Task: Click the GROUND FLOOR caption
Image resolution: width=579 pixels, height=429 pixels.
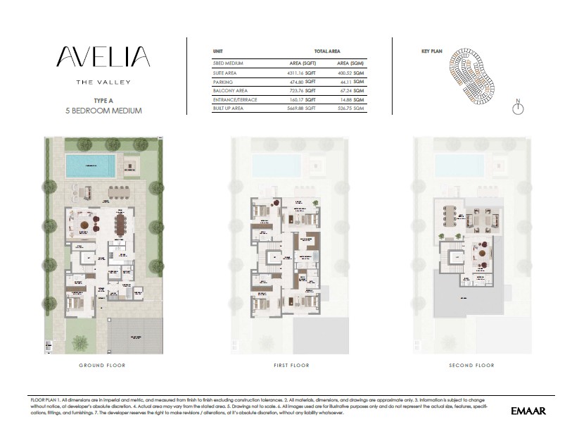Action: [x=103, y=366]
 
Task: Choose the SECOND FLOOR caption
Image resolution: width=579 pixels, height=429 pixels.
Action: [x=471, y=366]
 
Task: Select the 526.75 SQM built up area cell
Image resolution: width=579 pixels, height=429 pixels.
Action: [x=349, y=109]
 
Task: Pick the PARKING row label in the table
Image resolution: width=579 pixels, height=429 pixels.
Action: [x=223, y=82]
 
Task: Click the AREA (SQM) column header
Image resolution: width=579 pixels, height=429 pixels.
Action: [x=349, y=63]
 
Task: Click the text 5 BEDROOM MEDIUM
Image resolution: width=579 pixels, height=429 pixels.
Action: [x=103, y=111]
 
